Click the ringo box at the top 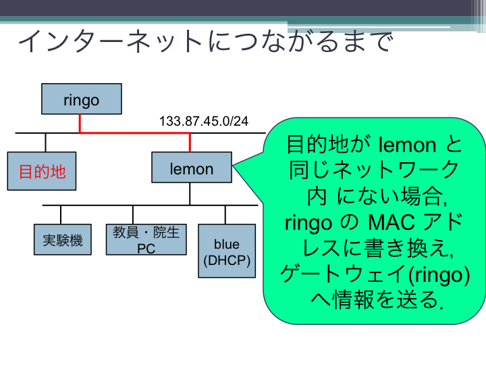pos(82,99)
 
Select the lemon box pos(192,168)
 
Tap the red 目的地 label pos(42,172)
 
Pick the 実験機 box pos(63,239)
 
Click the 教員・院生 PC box pos(146,239)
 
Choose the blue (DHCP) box pos(227,251)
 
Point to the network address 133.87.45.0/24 pos(204,121)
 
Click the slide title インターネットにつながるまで pos(206,41)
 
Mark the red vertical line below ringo pos(80,124)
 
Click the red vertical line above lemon pos(190,143)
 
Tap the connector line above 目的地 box pos(46,143)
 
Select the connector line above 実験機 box pos(61,215)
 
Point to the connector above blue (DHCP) pos(225,215)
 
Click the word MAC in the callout pos(391,222)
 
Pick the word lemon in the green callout pos(407,145)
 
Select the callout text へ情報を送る pos(377,300)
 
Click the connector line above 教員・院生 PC pos(133,215)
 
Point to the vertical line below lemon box pos(190,194)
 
